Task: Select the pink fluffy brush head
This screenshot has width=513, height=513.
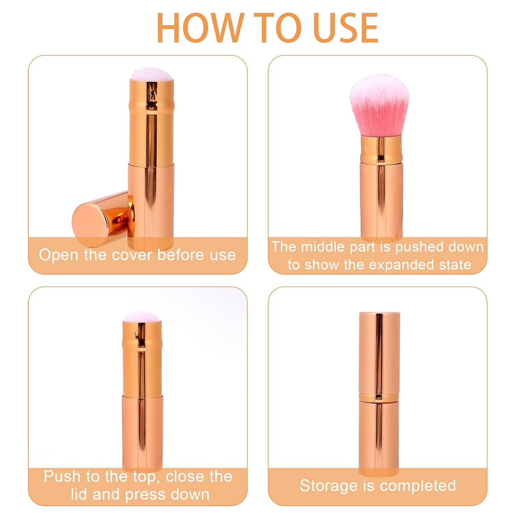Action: pos(380,106)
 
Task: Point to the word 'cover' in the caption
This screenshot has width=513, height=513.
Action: pos(133,255)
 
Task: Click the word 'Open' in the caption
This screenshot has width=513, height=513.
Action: pos(59,255)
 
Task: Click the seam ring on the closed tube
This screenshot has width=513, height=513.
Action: pos(379,397)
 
